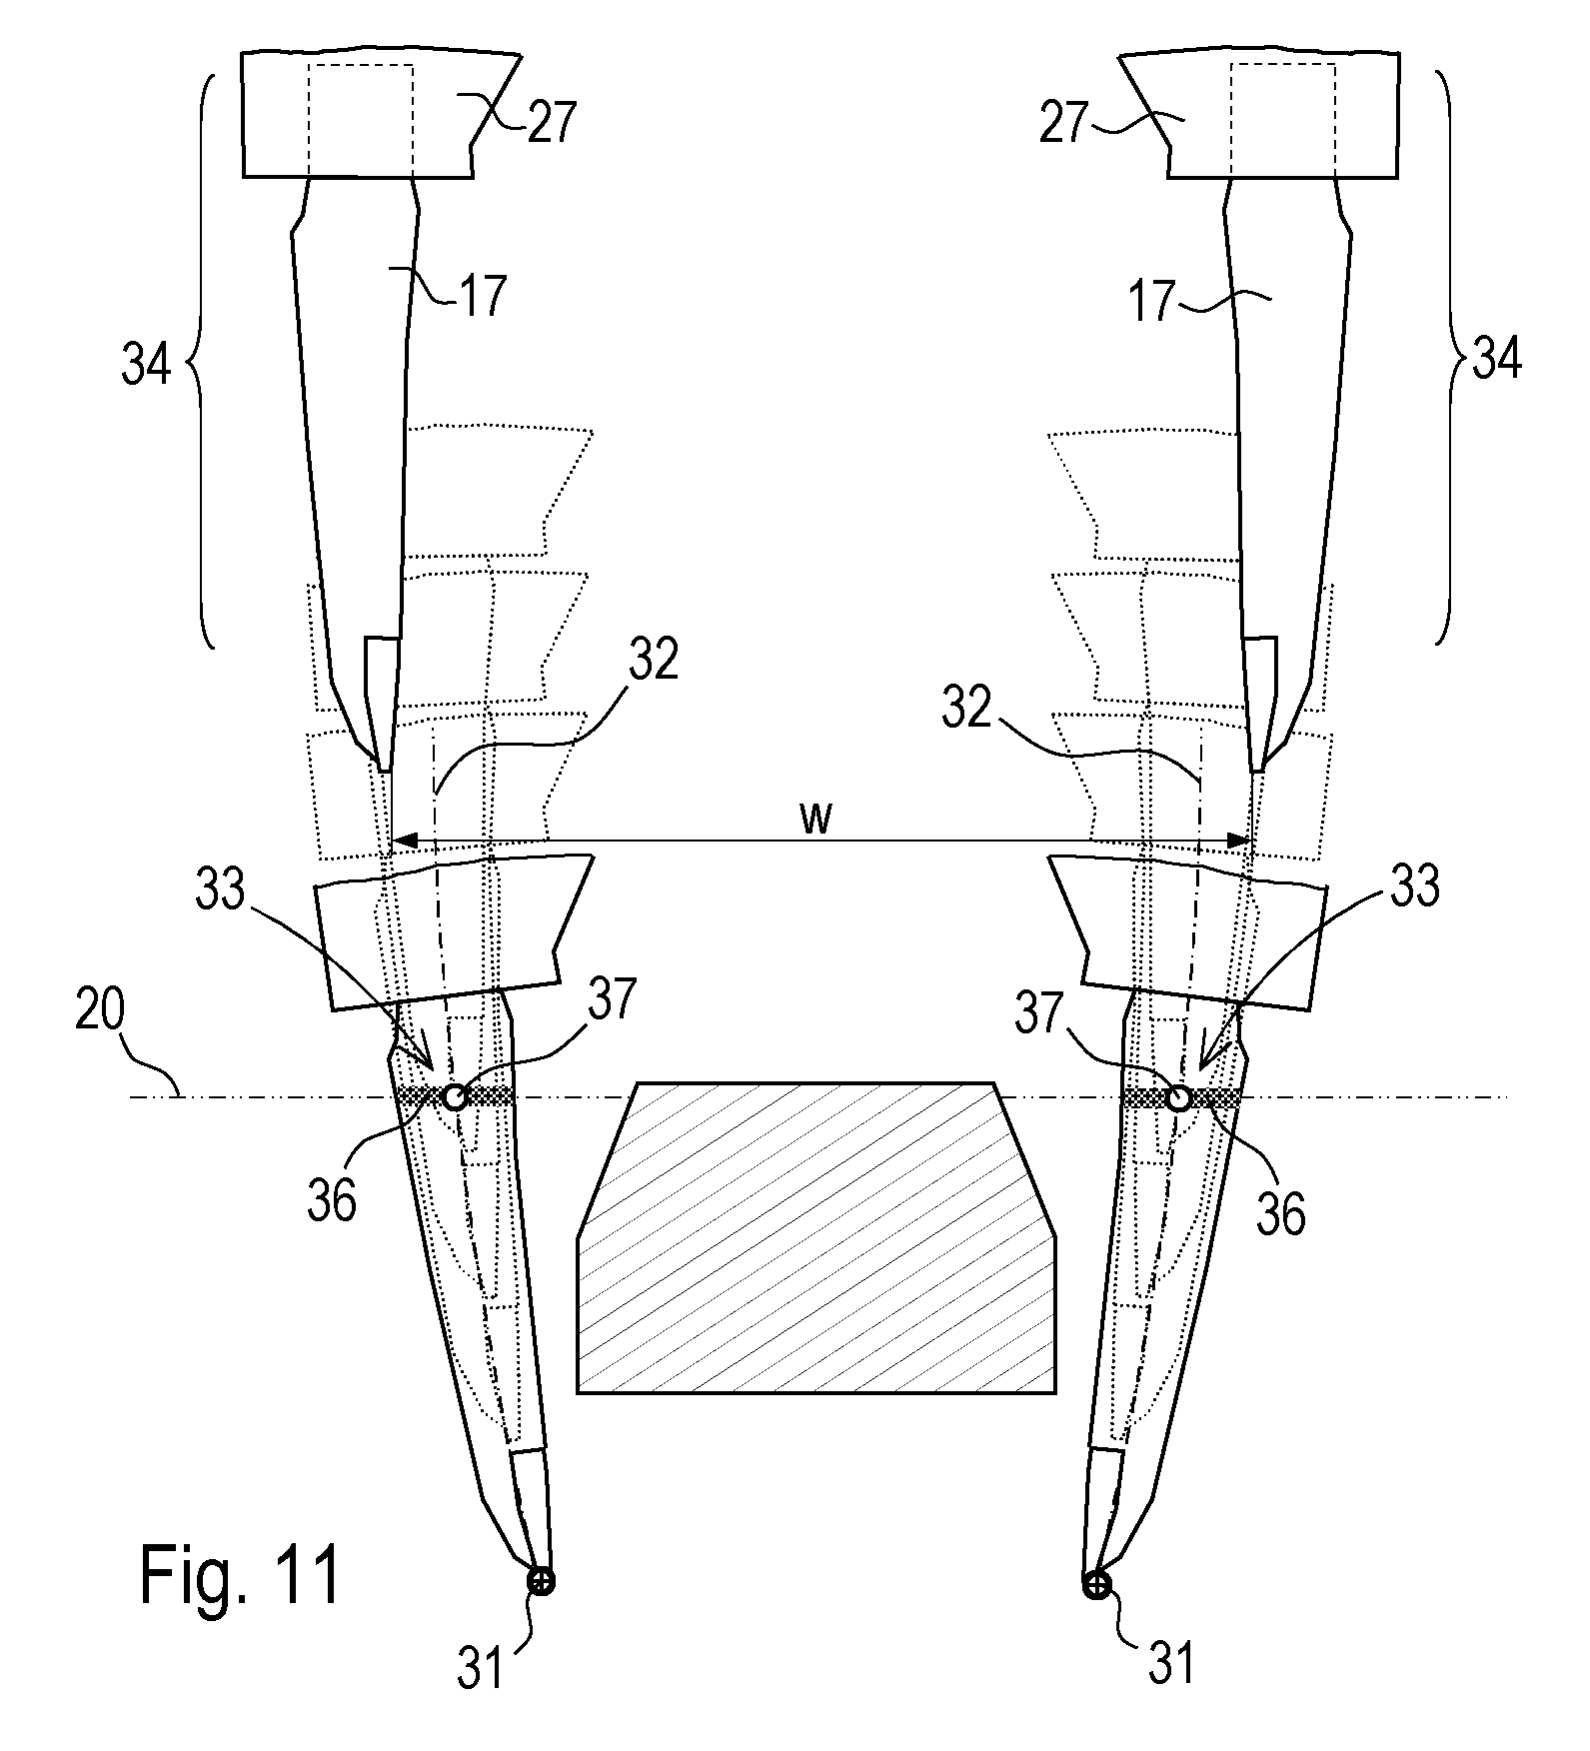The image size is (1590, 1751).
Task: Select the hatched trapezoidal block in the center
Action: (x=815, y=1237)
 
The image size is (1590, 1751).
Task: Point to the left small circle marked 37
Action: (x=455, y=1097)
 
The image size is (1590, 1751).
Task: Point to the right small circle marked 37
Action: (x=1179, y=1097)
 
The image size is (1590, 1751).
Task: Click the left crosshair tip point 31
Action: (x=541, y=1581)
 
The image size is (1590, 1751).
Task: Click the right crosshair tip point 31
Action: (x=1096, y=1583)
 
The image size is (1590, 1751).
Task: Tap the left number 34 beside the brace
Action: (x=147, y=366)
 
